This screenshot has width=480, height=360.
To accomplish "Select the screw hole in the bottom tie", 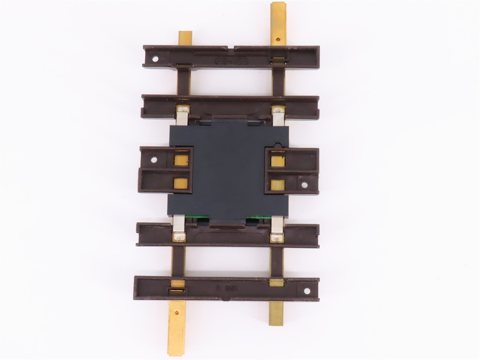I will [307, 291].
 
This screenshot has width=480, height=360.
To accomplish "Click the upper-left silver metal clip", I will [182, 115].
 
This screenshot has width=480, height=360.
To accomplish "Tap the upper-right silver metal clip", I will [277, 115].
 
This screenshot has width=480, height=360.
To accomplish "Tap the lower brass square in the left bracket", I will [181, 184].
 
